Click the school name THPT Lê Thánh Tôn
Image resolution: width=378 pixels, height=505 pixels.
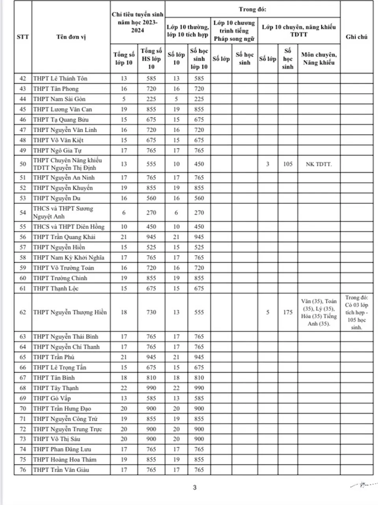coord(60,78)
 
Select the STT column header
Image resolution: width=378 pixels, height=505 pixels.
coord(23,37)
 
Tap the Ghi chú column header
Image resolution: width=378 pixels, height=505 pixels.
coord(356,37)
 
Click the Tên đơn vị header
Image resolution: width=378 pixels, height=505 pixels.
coord(71,37)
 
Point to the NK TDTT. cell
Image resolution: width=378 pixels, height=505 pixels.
coord(319,164)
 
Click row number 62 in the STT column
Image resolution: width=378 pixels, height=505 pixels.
coord(23,312)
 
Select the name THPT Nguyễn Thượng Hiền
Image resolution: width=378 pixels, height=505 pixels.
coord(70,312)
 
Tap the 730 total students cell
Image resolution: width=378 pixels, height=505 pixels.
coord(151,312)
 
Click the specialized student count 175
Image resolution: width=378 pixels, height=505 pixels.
coord(288,312)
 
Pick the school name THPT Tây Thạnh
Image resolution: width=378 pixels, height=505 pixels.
coord(56,388)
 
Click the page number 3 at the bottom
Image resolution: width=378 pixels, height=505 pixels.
coord(195,488)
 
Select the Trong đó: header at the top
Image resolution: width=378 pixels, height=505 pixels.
coord(252,9)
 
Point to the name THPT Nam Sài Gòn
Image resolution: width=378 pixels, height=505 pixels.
coord(59,99)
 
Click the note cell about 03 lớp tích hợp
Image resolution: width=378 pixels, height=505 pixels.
coord(356,312)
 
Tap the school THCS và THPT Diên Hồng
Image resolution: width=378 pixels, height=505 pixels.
coord(69,227)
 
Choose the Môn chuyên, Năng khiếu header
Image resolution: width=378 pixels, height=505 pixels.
coord(319,59)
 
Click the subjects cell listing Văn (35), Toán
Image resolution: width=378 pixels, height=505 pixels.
coord(319,312)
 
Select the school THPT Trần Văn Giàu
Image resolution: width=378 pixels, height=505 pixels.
coord(61,470)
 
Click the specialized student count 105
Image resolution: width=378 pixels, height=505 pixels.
coord(288,164)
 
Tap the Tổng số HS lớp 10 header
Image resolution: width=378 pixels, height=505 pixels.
coord(151,59)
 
